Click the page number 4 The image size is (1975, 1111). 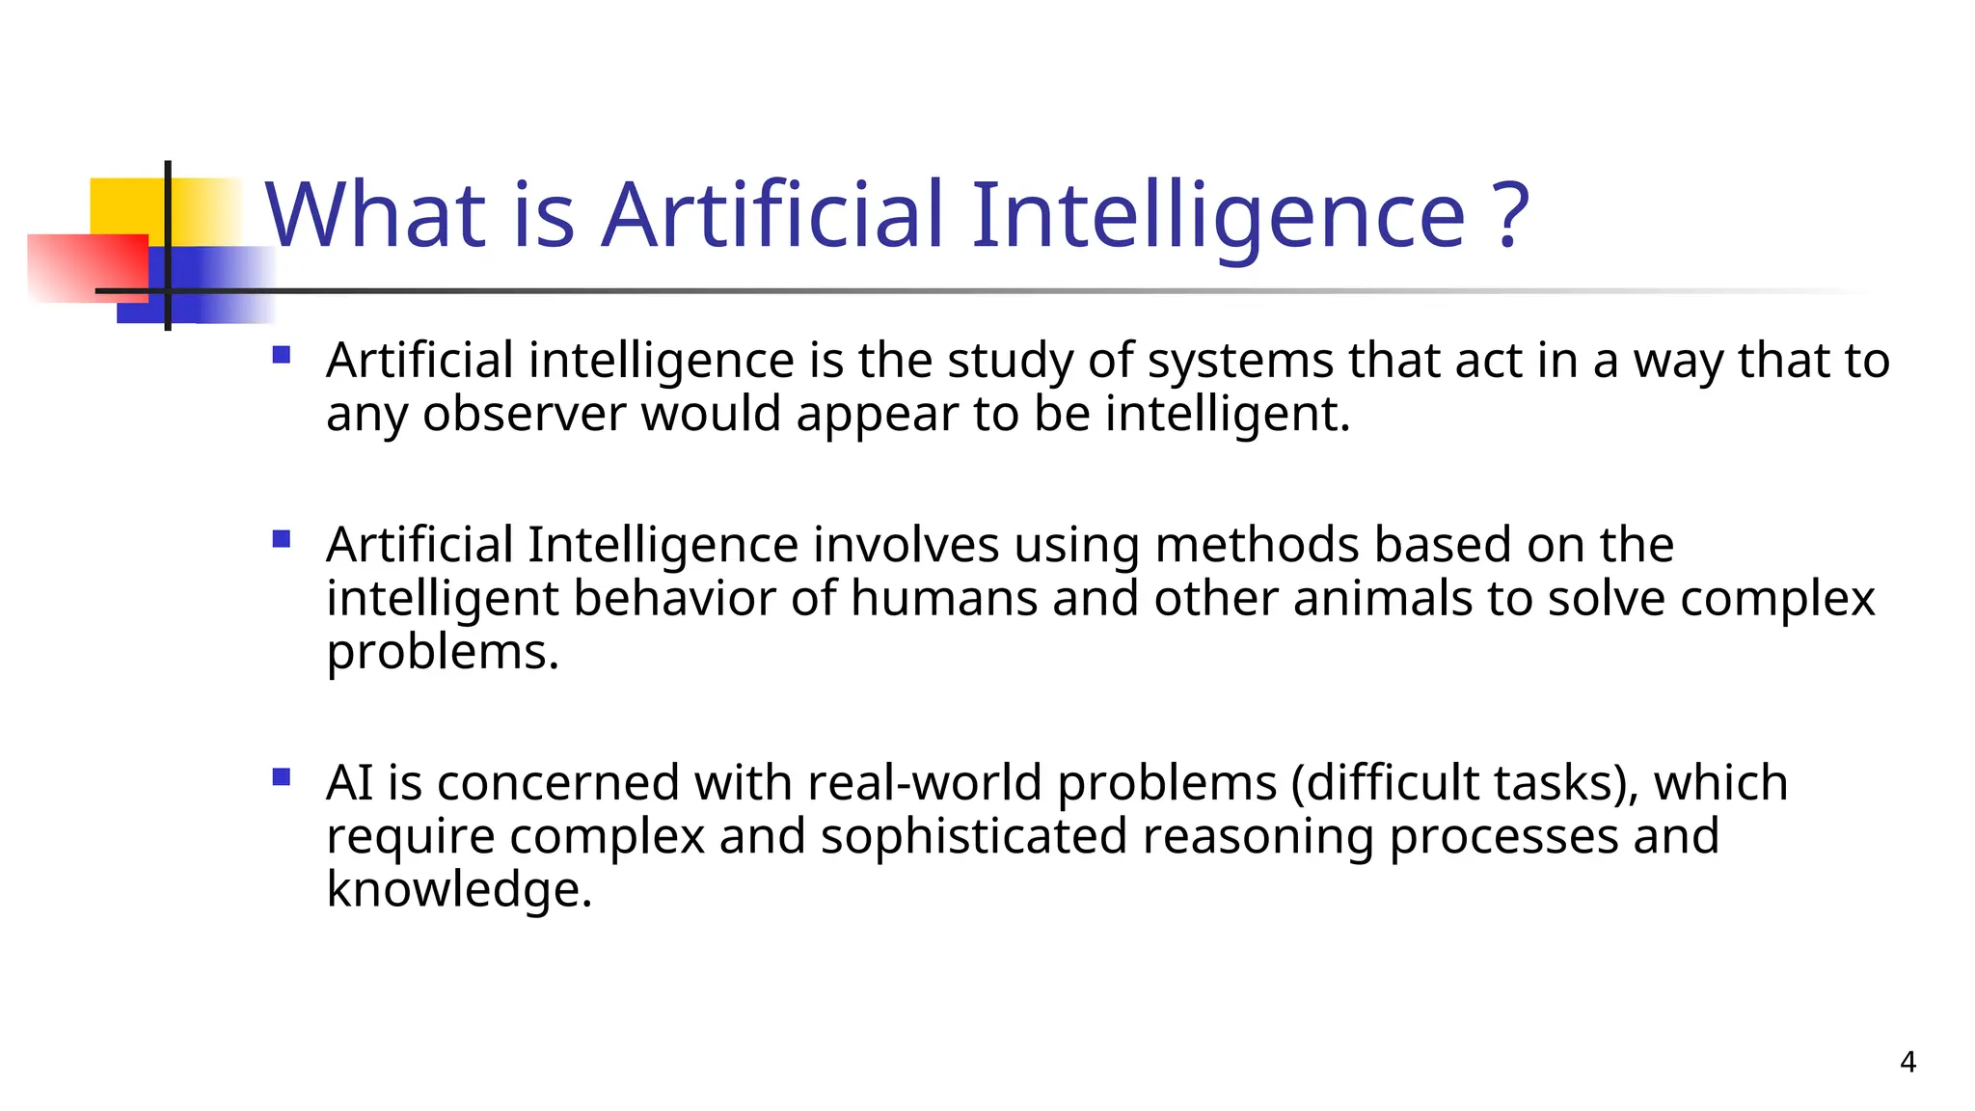(1907, 1062)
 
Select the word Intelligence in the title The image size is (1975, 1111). (1218, 216)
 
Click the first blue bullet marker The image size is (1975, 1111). (282, 355)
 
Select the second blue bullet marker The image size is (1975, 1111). (282, 539)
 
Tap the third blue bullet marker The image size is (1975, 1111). (282, 776)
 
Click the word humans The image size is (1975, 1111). (943, 598)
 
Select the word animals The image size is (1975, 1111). (1382, 598)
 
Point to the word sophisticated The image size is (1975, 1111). (973, 836)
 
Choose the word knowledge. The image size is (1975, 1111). (458, 889)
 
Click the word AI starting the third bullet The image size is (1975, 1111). (349, 782)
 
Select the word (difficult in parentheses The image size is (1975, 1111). (1385, 782)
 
